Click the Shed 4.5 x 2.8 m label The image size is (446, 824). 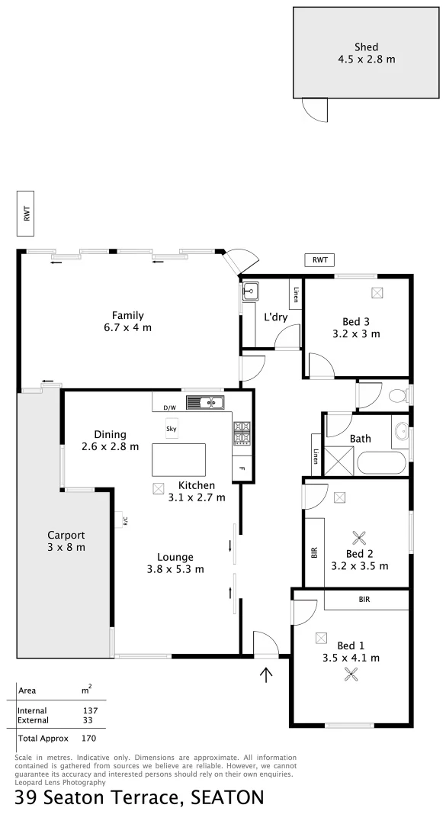coord(366,53)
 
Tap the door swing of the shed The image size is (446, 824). coord(315,111)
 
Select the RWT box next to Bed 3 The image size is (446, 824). coord(319,260)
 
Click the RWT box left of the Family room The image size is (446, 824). coord(27,214)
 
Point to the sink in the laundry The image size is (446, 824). coord(249,291)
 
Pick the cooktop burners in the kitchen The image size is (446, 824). coord(242,434)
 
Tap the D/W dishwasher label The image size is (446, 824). coord(169,407)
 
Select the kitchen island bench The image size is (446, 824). coord(178,460)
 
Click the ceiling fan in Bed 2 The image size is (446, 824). coord(358,536)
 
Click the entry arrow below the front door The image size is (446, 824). coord(266,674)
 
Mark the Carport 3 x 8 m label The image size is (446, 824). coord(66,541)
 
